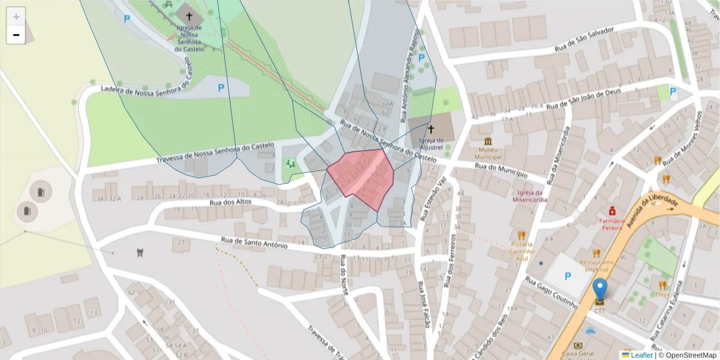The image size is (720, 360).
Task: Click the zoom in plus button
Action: pyautogui.click(x=16, y=17)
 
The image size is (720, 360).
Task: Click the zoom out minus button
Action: pyautogui.click(x=16, y=35)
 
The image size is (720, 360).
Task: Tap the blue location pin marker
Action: pyautogui.click(x=599, y=290)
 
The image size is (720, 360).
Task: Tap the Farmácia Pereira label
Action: pyautogui.click(x=611, y=224)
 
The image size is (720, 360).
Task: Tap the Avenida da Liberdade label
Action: pyautogui.click(x=652, y=213)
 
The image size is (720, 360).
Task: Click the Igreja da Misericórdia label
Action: pyautogui.click(x=530, y=196)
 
